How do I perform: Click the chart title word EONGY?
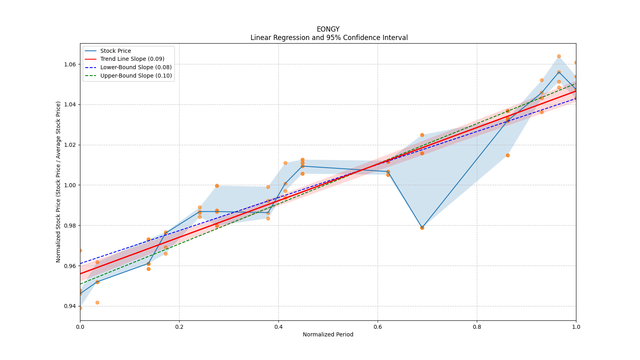[328, 29]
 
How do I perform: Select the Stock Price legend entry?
[116, 51]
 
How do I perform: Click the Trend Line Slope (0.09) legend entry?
[132, 59]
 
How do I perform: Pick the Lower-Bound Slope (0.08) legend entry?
[136, 67]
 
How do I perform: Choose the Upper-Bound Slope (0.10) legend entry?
[136, 76]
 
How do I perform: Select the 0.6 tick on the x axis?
[378, 327]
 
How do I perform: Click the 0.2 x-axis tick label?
[179, 327]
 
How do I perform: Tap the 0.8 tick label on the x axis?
[477, 327]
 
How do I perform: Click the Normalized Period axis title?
[328, 334]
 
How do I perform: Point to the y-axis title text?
[58, 182]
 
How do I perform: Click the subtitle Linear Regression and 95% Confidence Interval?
[329, 38]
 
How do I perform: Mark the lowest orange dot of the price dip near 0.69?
[422, 228]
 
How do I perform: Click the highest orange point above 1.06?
[559, 56]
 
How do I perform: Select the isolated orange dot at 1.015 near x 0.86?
[508, 155]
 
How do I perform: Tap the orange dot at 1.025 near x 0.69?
[422, 135]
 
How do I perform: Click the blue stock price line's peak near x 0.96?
[559, 72]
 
